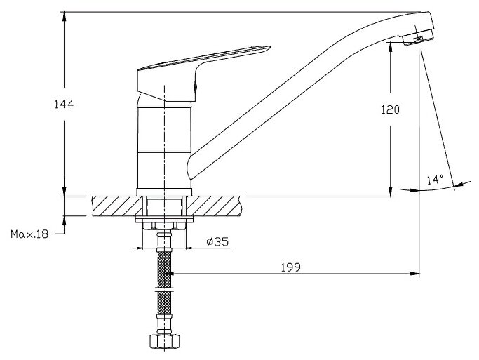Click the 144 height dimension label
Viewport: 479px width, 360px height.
64,104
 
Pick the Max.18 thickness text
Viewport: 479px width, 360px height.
29,234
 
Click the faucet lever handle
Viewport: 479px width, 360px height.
203,60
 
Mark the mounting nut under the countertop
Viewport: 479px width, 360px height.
164,224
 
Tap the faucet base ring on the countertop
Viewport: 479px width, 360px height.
164,192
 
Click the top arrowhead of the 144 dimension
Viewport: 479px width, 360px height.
64,15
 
